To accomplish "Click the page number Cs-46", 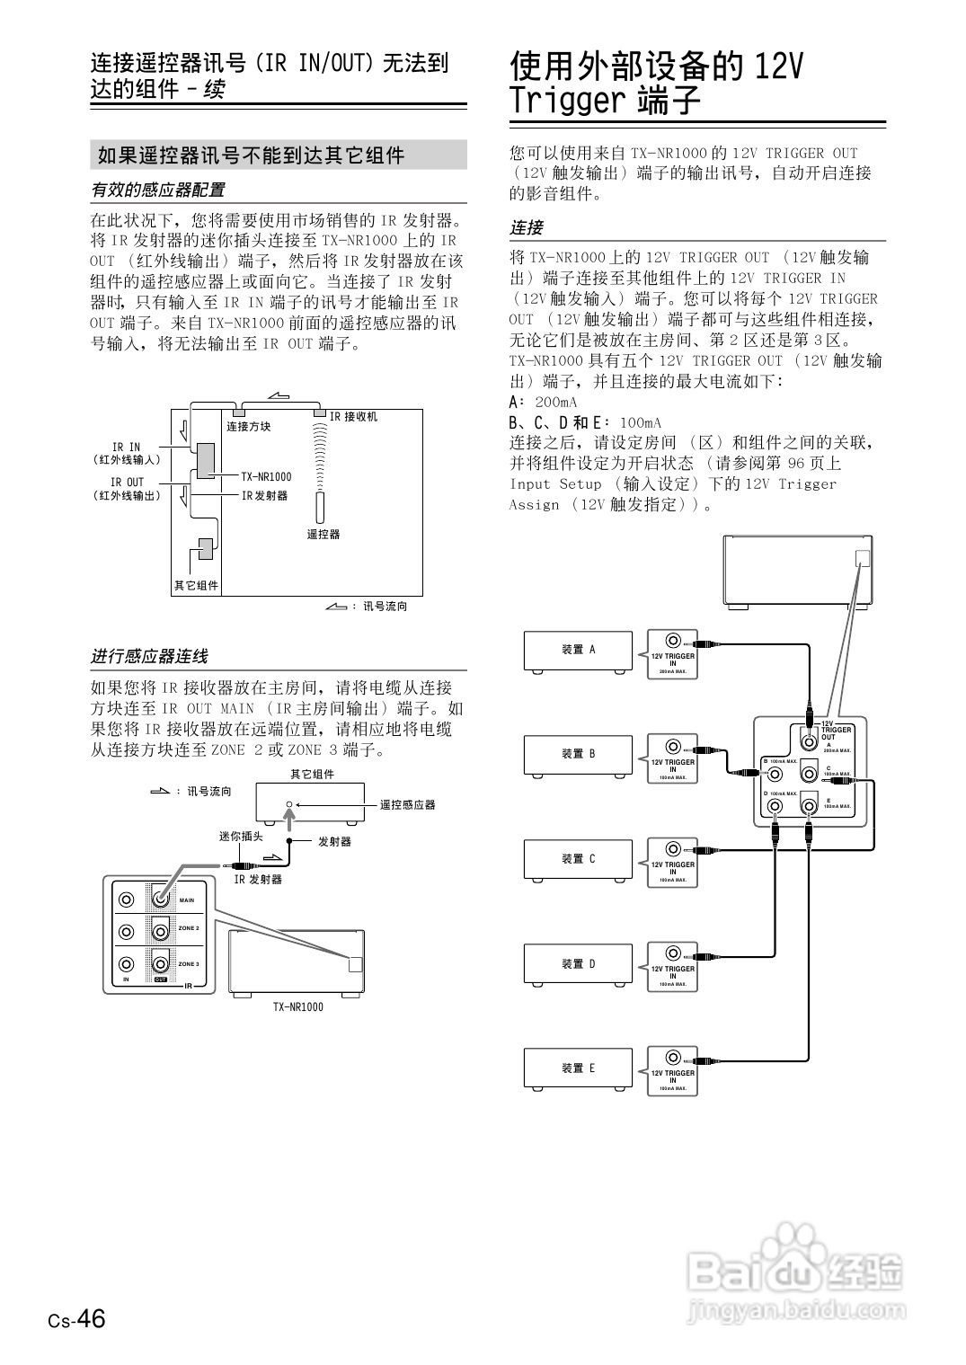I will point(77,1318).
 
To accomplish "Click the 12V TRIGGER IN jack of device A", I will point(672,641).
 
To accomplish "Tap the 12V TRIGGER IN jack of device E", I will point(672,1058).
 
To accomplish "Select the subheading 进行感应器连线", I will point(149,657).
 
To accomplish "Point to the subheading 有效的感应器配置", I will point(158,190).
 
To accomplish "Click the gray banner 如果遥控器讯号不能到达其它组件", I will point(278,155).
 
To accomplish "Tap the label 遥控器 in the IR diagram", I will point(323,534).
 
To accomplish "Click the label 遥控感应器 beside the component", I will point(407,804).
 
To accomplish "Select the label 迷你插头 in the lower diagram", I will point(241,837).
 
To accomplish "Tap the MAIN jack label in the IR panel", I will point(187,900).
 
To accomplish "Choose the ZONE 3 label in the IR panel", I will point(189,963).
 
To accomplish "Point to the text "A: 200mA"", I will point(543,402).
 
